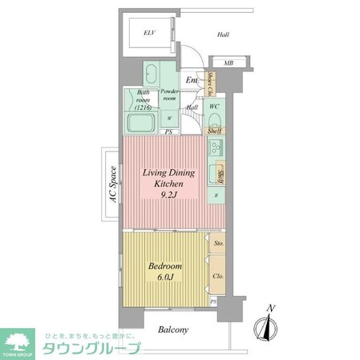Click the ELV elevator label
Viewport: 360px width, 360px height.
point(148,33)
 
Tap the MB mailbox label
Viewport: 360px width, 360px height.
point(229,63)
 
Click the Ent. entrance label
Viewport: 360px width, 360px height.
point(192,80)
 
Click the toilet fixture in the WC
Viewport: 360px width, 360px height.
point(215,119)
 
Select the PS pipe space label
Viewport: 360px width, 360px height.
point(168,132)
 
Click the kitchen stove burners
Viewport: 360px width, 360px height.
point(215,148)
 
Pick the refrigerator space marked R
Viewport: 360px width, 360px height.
point(214,195)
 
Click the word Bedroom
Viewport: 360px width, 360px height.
point(164,266)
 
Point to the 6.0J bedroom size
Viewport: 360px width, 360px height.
point(164,278)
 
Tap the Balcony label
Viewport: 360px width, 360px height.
point(172,330)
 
